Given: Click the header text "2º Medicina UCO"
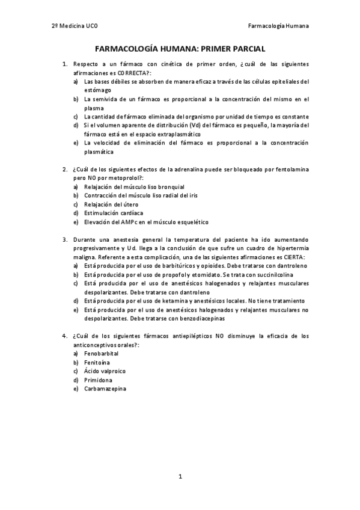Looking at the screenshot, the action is tap(74, 26).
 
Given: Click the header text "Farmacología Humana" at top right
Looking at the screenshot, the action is tap(278, 26).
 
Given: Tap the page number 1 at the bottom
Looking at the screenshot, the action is tap(180, 476).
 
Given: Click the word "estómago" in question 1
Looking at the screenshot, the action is tap(97, 90).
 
